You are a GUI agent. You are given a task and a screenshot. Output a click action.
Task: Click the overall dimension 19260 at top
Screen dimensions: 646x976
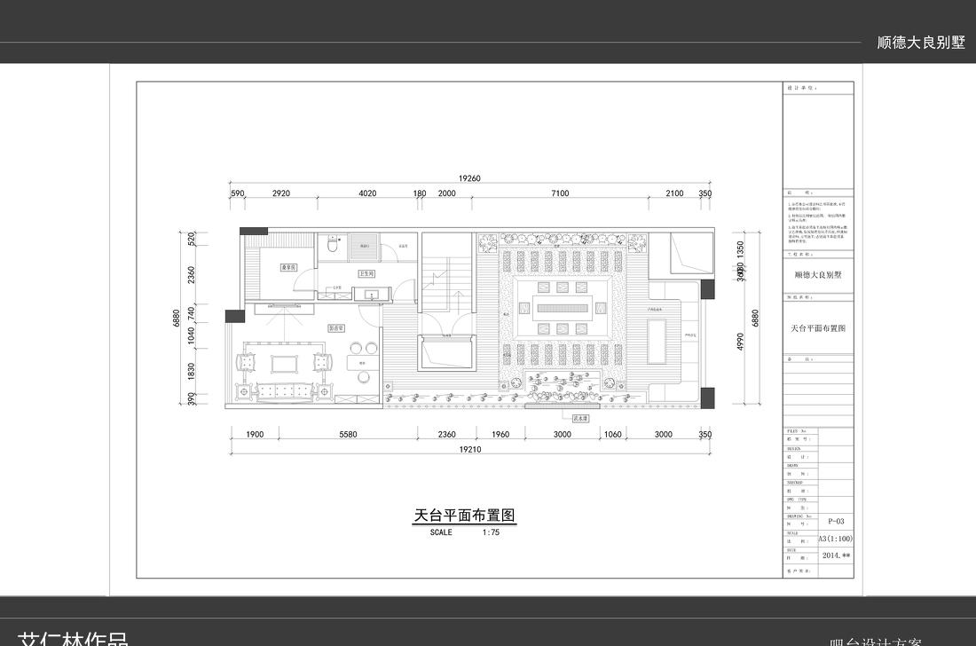469,178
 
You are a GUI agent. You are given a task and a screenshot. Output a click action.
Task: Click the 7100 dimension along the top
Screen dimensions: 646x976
560,193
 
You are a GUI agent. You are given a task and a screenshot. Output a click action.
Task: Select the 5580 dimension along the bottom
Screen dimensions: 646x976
348,434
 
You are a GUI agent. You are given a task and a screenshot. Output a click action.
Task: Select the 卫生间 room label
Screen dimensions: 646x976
366,274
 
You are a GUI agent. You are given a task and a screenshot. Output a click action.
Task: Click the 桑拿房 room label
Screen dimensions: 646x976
287,266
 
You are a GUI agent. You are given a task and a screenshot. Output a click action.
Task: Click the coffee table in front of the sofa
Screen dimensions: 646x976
285,363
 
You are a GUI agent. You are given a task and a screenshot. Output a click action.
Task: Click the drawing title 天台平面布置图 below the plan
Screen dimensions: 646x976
465,515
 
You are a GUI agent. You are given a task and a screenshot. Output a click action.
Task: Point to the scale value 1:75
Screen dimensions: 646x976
491,532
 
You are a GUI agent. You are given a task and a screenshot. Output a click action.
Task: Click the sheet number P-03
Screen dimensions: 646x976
835,522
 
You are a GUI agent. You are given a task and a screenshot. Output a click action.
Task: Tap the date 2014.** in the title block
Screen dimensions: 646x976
836,555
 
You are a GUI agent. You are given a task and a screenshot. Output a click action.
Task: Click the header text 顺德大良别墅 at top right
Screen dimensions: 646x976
920,42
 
